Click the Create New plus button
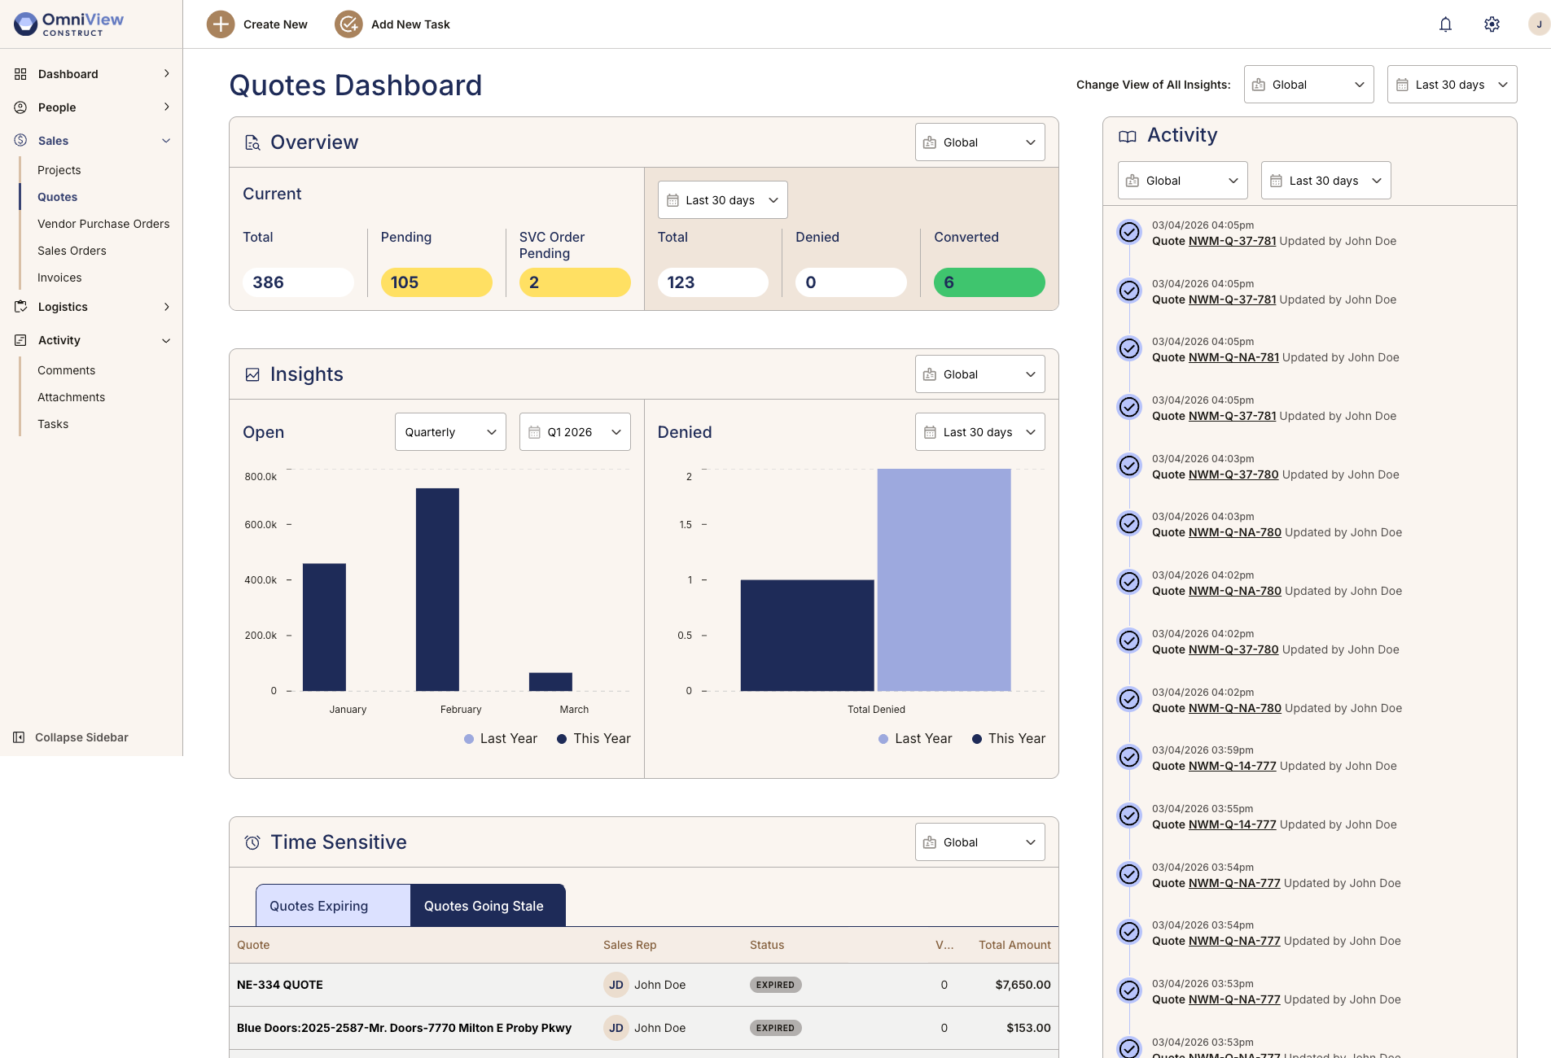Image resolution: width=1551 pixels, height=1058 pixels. click(x=221, y=24)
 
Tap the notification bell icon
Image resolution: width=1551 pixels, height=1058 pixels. click(x=1445, y=24)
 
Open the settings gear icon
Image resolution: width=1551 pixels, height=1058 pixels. click(x=1492, y=24)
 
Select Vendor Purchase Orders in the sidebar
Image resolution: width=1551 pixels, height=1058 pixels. click(x=103, y=224)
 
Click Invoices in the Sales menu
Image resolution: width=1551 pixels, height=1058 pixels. click(x=59, y=278)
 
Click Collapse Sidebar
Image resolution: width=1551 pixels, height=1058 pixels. click(x=81, y=737)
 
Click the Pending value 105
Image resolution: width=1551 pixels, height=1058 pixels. click(x=436, y=282)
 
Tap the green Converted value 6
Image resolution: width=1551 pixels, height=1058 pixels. click(x=988, y=282)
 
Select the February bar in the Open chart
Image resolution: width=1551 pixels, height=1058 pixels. click(x=437, y=589)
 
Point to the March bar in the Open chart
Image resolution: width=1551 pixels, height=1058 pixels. click(x=550, y=682)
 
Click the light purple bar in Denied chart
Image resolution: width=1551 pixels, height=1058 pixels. click(x=944, y=579)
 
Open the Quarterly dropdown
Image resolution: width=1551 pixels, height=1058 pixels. click(x=450, y=432)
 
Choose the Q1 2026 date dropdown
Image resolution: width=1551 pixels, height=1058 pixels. click(x=575, y=432)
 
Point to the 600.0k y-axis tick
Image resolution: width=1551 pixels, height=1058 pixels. click(x=261, y=525)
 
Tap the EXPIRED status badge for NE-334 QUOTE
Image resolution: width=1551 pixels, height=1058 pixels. click(x=775, y=985)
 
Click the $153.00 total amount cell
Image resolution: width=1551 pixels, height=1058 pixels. click(x=1028, y=1028)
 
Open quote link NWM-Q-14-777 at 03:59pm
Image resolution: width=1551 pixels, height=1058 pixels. click(x=1232, y=766)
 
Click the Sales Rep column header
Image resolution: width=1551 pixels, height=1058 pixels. click(x=629, y=945)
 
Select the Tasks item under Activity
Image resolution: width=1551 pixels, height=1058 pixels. click(x=53, y=424)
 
